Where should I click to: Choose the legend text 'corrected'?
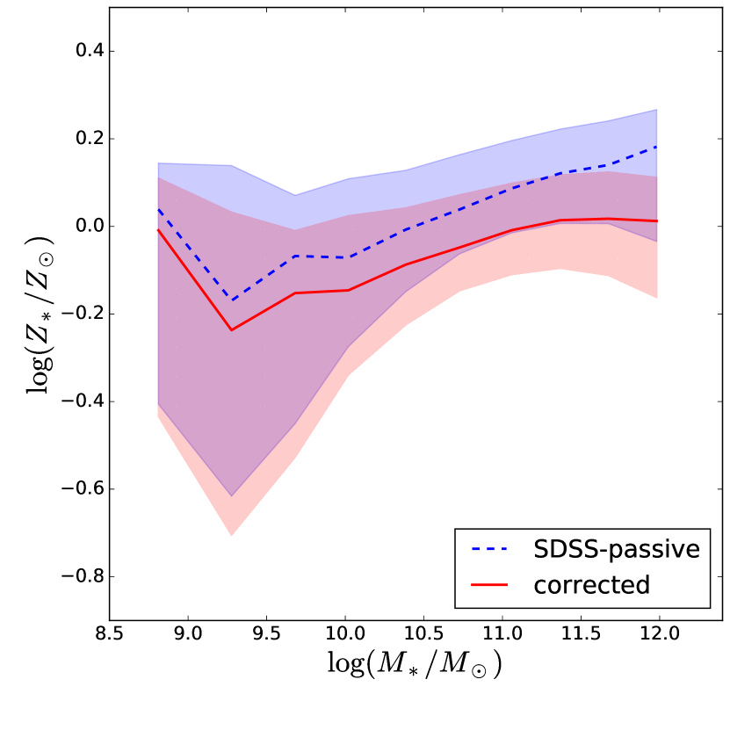(591, 584)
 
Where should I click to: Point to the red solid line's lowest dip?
(232, 330)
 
